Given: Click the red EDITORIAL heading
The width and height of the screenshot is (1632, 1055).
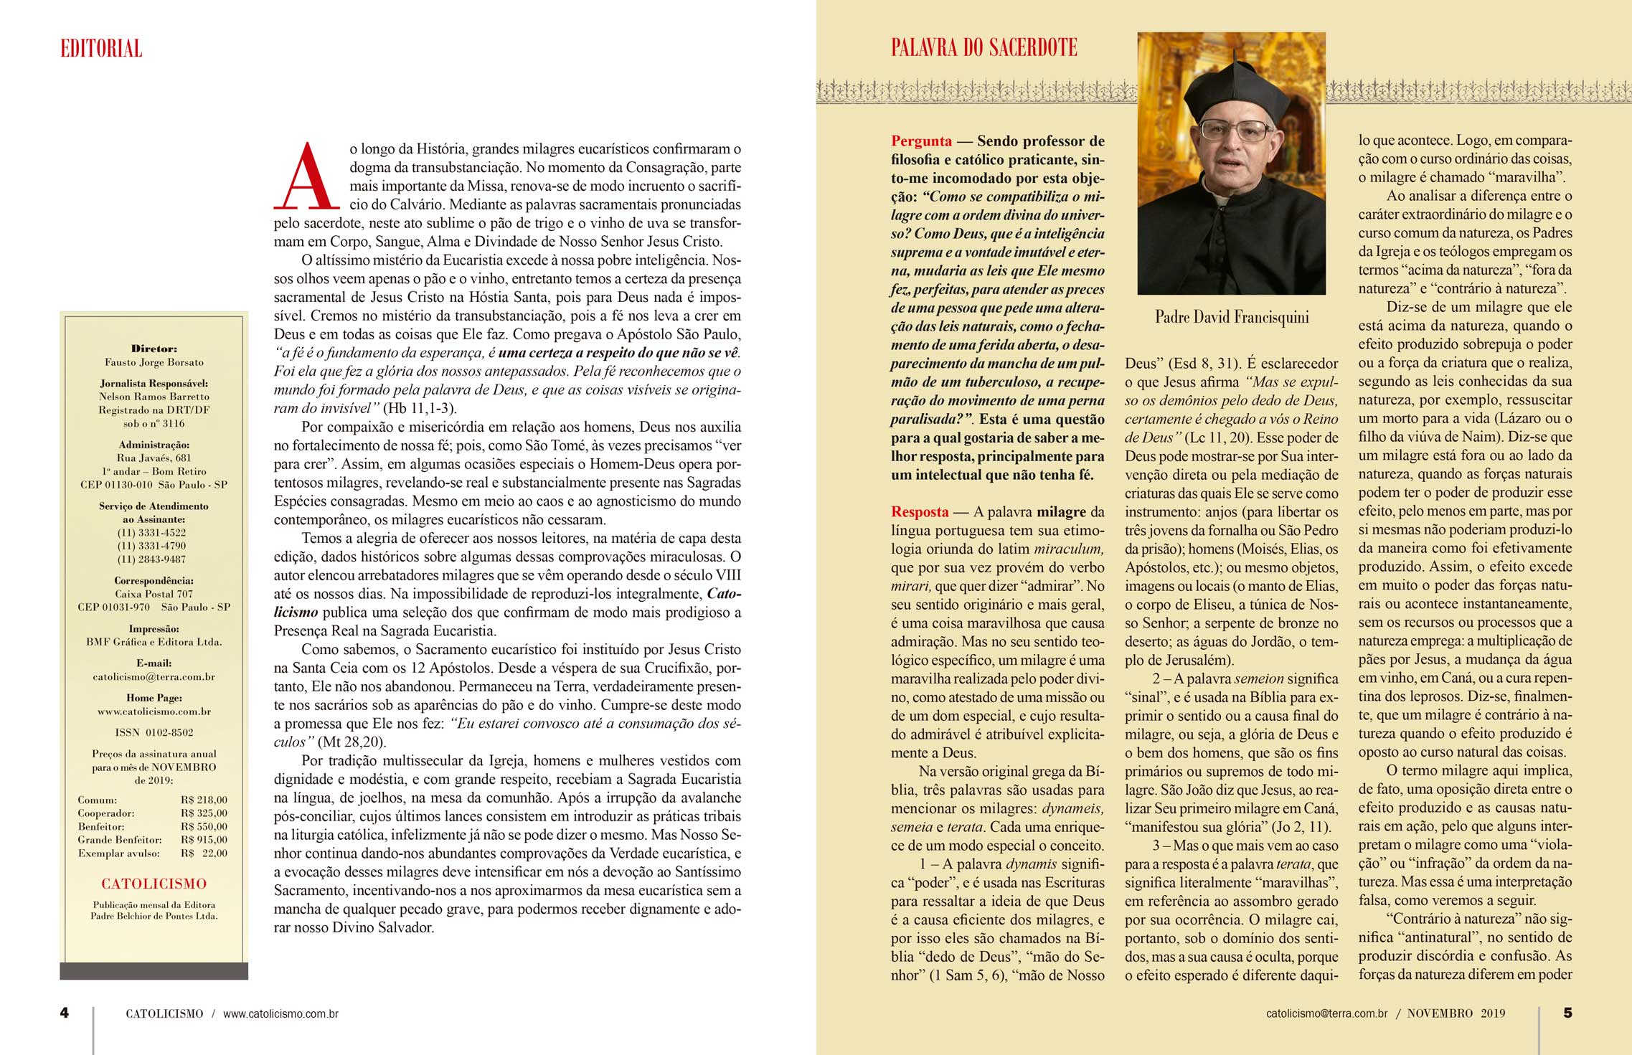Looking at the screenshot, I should tap(101, 49).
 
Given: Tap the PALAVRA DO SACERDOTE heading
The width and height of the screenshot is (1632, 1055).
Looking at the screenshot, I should tap(984, 48).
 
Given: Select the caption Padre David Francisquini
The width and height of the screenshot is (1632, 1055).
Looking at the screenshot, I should tap(1232, 317).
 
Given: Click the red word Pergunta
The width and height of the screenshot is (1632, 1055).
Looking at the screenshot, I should tap(921, 141).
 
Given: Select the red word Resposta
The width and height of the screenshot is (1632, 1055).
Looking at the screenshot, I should tap(920, 512).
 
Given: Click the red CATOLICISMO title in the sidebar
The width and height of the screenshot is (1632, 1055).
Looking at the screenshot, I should tap(154, 884).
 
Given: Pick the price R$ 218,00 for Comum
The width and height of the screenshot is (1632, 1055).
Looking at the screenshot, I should tap(204, 800).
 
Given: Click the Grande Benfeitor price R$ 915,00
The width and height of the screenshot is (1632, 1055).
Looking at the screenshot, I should tap(204, 840).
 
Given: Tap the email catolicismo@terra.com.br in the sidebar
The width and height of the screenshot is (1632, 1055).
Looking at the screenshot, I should tap(154, 676).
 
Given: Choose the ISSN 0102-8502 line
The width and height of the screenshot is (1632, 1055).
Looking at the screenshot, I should tap(154, 732).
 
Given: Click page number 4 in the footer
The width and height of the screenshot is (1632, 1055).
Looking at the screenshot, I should tap(65, 1013).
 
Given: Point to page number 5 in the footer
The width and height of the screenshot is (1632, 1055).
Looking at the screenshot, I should tap(1567, 1013).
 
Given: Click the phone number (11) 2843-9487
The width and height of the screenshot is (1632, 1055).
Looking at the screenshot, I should tap(151, 559).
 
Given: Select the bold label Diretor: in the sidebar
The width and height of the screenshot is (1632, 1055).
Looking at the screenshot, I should tap(154, 349).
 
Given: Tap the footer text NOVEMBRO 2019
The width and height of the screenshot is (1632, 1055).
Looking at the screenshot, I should tap(1456, 1013).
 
